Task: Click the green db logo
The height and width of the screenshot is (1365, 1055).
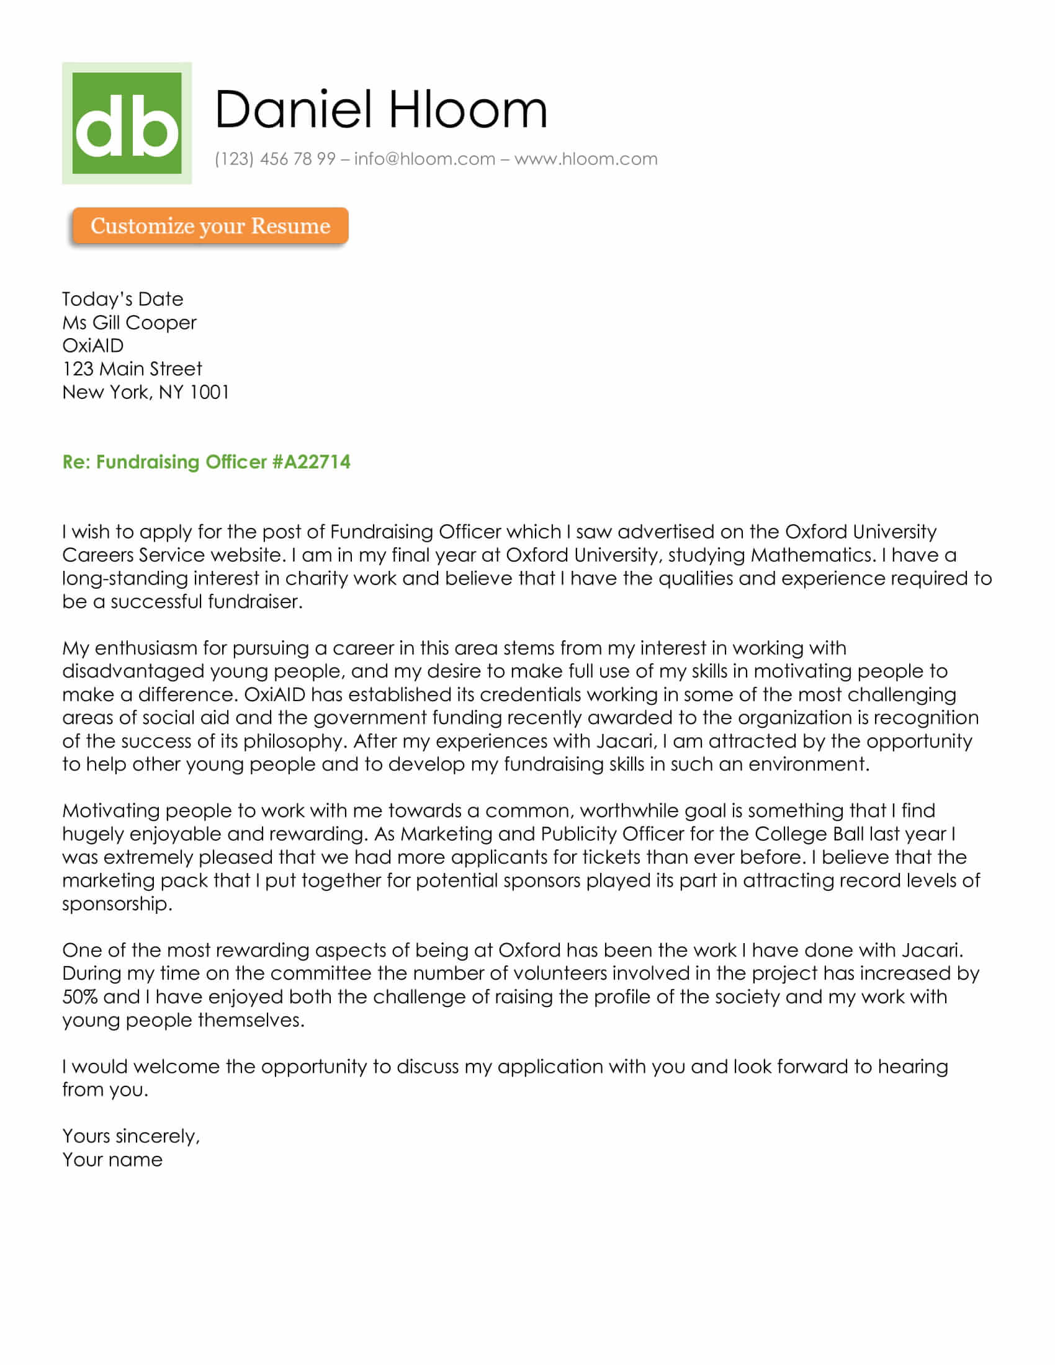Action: coord(127,123)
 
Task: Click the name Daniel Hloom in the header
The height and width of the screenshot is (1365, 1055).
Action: coord(380,110)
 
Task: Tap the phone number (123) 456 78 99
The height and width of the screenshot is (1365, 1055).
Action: coord(275,159)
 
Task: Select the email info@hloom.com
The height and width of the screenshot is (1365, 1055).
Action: coord(424,159)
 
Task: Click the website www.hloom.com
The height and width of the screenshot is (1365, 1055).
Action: coord(586,159)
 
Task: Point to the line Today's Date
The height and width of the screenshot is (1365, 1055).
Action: coord(122,300)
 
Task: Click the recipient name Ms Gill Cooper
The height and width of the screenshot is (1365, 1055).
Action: coord(129,323)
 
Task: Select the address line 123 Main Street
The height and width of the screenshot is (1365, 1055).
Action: coord(132,369)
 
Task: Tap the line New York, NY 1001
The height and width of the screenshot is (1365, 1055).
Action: coord(146,392)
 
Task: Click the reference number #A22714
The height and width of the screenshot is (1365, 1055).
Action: coord(312,462)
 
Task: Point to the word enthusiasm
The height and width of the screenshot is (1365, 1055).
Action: coord(146,648)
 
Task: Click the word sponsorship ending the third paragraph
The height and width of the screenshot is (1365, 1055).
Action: coord(116,904)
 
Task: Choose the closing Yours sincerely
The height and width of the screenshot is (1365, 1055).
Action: coord(131,1135)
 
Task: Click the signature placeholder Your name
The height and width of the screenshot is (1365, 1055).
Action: coord(112,1160)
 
